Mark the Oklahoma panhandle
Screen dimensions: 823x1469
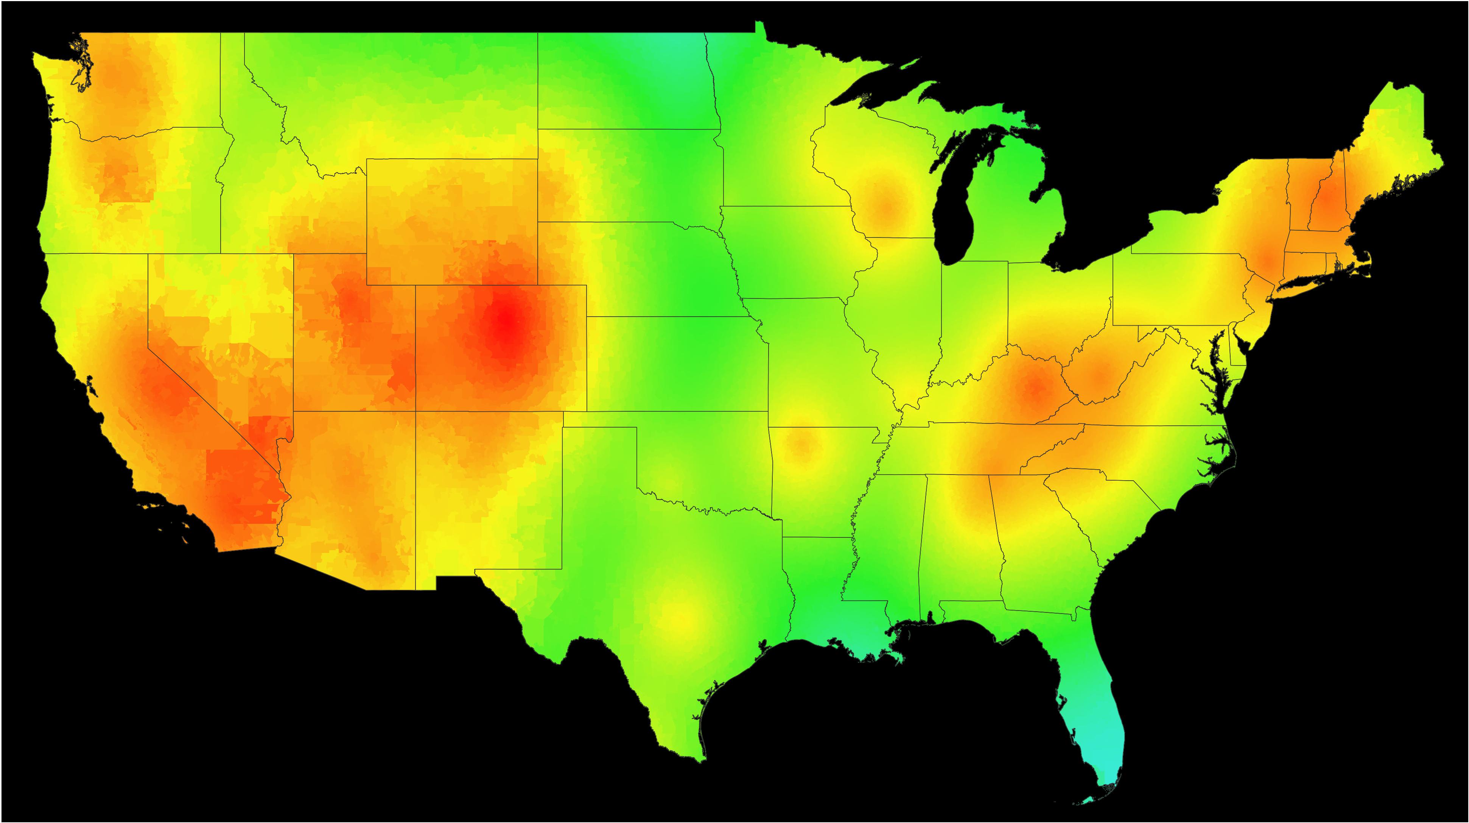click(599, 419)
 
